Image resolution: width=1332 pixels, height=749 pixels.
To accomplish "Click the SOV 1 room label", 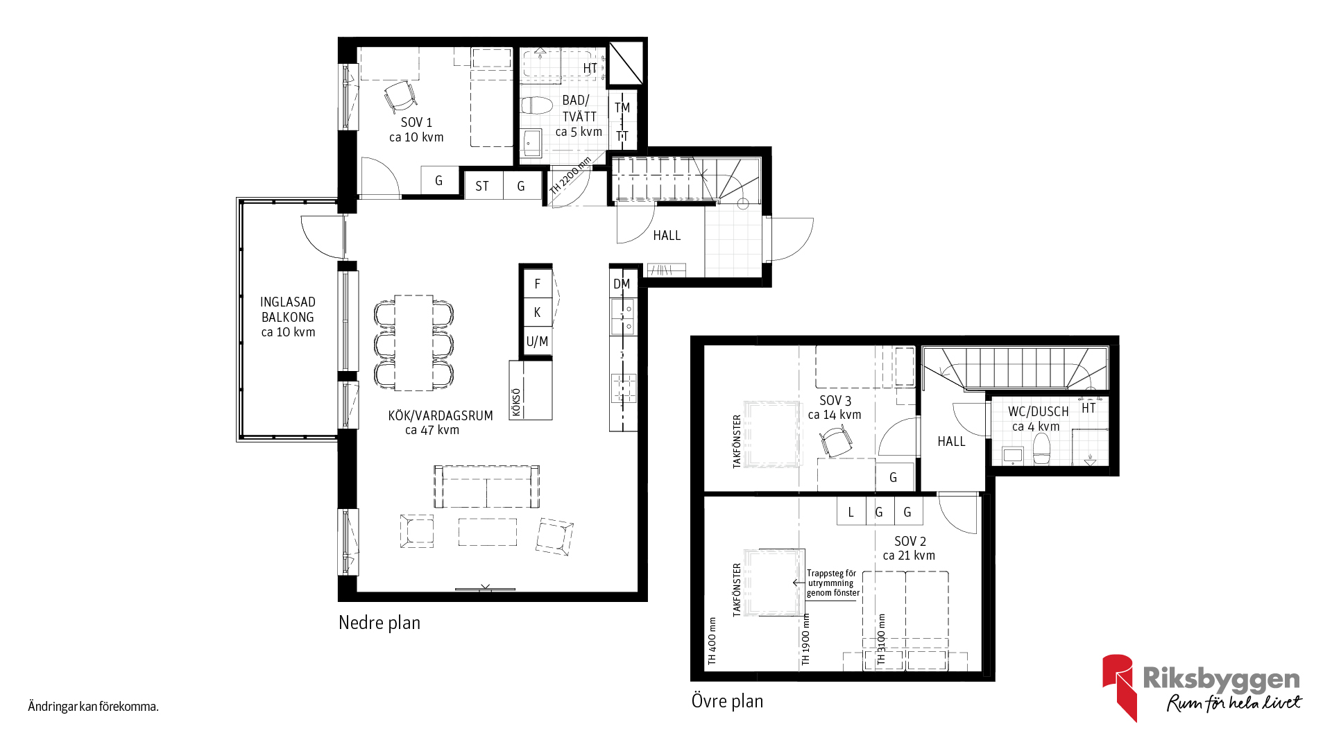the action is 416,130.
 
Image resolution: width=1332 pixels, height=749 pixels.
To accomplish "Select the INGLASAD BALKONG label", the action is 288,317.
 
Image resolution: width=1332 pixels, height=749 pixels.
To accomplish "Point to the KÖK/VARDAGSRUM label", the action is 441,422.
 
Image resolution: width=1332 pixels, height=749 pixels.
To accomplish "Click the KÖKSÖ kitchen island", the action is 531,390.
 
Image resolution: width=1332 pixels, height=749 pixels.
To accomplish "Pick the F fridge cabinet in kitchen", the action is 538,284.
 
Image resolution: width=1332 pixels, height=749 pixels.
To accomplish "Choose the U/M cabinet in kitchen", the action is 538,341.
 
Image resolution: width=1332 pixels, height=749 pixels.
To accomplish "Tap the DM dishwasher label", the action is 622,284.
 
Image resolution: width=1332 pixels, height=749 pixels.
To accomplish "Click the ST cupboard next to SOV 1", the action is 482,186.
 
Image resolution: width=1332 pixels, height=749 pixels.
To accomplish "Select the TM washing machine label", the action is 622,107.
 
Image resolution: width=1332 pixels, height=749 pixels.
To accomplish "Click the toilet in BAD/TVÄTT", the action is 536,106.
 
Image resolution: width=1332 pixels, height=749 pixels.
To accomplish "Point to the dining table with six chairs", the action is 413,343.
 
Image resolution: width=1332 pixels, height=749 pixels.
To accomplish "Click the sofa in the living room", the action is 487,487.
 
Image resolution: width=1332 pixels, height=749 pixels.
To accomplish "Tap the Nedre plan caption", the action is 379,623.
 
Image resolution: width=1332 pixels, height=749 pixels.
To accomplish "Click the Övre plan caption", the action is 727,701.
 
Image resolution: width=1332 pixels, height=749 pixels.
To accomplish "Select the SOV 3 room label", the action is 835,408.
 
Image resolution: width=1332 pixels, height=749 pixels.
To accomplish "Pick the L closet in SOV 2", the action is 851,512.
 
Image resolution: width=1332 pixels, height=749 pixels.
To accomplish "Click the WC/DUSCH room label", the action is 1038,419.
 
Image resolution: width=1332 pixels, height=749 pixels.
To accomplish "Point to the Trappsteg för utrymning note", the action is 833,583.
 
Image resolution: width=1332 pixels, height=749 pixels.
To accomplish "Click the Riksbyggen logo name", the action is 1221,679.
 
